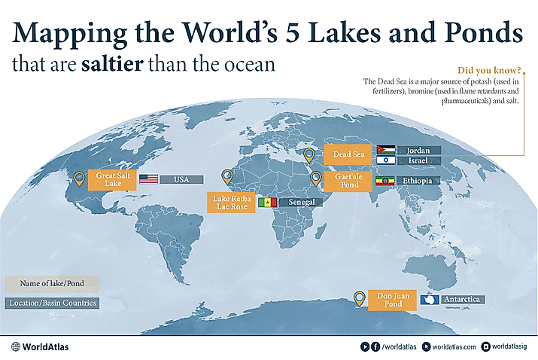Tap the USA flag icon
(x=149, y=179)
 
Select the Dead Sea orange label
(x=343, y=156)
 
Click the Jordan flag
(x=385, y=150)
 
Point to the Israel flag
(x=385, y=161)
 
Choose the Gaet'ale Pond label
(x=343, y=180)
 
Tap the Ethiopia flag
(x=385, y=182)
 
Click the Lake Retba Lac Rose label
(x=229, y=202)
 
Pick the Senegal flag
(x=268, y=203)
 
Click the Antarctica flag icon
(x=428, y=300)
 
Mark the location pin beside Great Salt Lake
(x=81, y=178)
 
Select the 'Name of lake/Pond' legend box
(x=51, y=284)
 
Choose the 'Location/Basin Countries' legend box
(x=51, y=304)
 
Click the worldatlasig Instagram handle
(x=512, y=346)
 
